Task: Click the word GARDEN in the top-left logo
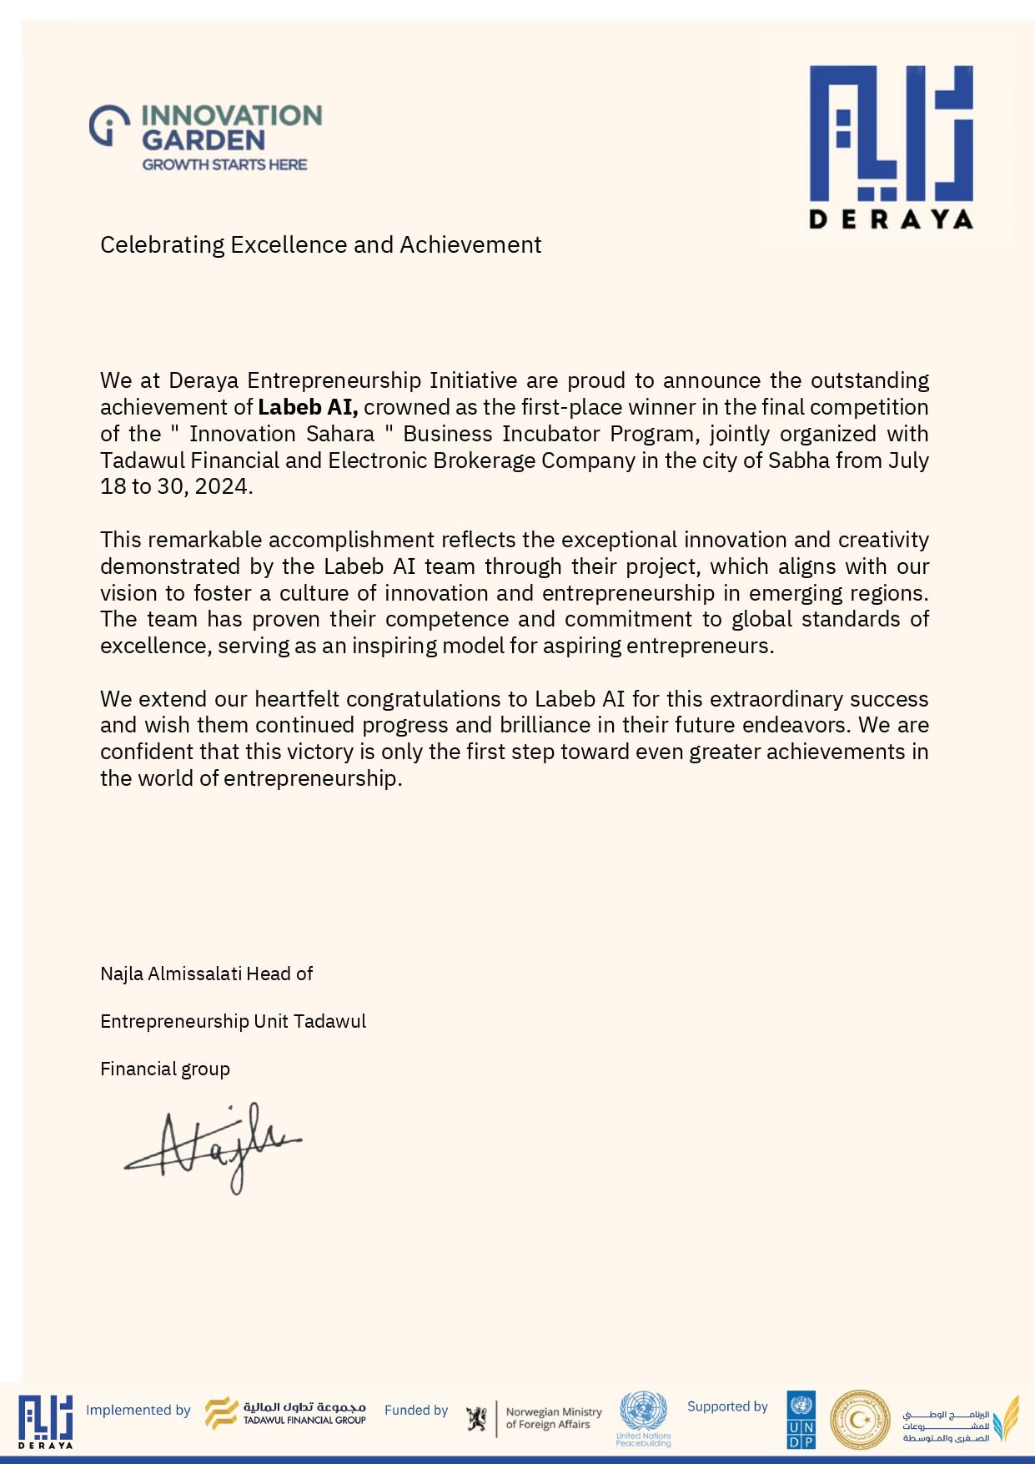point(203,140)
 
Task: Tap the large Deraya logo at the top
point(891,146)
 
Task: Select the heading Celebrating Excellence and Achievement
point(320,244)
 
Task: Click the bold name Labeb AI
point(307,407)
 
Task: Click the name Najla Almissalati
point(171,973)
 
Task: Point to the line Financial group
point(165,1069)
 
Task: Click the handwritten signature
point(214,1148)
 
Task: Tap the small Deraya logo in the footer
point(45,1421)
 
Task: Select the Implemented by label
point(138,1410)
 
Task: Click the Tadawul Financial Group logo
point(286,1413)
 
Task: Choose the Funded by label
point(416,1410)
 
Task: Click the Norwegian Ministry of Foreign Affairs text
point(553,1418)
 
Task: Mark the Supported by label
point(727,1406)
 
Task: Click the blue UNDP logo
point(801,1419)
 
